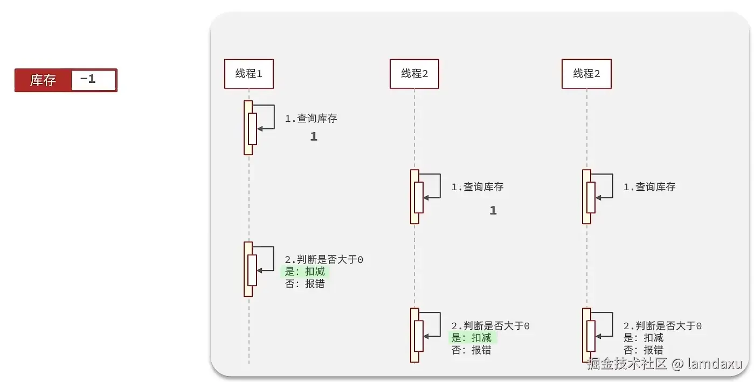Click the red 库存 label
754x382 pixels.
[x=43, y=80]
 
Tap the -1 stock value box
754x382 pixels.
[x=93, y=80]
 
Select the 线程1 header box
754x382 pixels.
[x=249, y=74]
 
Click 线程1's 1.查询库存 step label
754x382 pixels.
[x=311, y=119]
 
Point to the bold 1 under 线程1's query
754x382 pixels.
[x=314, y=137]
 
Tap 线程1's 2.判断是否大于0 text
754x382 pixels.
[x=323, y=260]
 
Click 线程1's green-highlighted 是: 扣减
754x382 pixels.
[x=305, y=272]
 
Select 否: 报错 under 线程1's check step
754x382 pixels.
[x=305, y=284]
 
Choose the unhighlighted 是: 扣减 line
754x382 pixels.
[x=644, y=338]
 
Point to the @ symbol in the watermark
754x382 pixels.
[x=677, y=364]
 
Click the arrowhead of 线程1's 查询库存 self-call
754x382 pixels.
[x=260, y=128]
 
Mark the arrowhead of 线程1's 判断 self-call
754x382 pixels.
[x=260, y=270]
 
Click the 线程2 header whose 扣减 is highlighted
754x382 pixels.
[x=414, y=74]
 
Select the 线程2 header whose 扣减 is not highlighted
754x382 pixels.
[x=586, y=74]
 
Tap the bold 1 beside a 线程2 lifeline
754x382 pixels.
[x=493, y=211]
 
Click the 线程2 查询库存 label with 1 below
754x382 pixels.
[x=478, y=187]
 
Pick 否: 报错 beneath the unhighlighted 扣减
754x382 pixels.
[x=644, y=350]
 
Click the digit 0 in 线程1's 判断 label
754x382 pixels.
[x=360, y=260]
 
